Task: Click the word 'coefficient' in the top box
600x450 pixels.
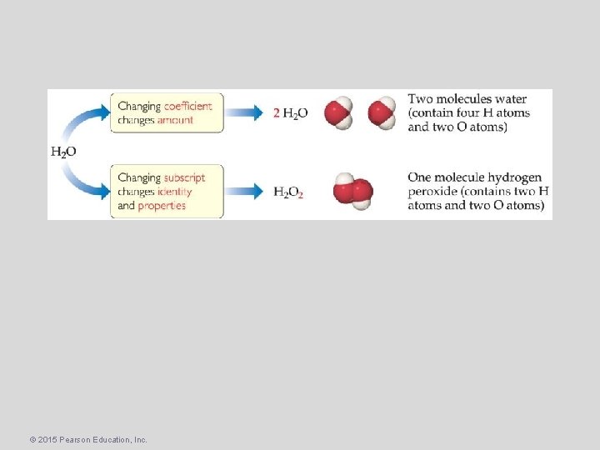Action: [x=187, y=106]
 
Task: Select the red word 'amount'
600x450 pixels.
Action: [x=174, y=120]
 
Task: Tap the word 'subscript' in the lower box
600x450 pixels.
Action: [x=184, y=177]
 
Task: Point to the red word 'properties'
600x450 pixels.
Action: [x=162, y=206]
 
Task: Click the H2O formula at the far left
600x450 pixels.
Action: [x=63, y=152]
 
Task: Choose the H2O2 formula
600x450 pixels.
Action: [x=288, y=192]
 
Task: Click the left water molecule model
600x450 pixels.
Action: [x=339, y=113]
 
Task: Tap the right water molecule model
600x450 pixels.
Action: [x=382, y=112]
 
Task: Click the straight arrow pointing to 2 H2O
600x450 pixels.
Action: [x=247, y=113]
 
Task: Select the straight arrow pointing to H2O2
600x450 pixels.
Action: [x=247, y=192]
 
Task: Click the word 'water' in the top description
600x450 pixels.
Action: [x=510, y=100]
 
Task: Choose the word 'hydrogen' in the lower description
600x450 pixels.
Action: [x=511, y=177]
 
